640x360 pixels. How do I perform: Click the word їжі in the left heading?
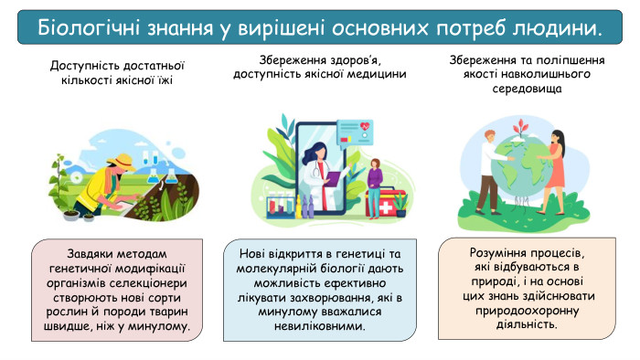point(163,80)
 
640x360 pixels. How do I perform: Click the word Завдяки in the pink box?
point(95,253)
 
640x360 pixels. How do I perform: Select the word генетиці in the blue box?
point(351,253)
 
